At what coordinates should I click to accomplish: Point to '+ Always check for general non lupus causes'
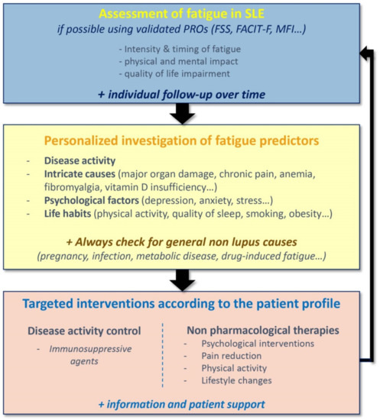[179, 242]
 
